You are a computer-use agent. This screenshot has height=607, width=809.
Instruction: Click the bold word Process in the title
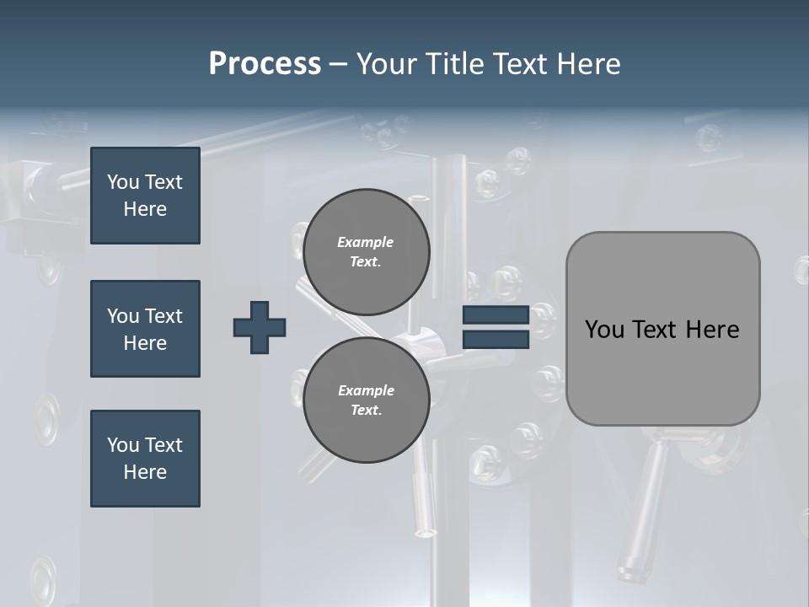pos(265,64)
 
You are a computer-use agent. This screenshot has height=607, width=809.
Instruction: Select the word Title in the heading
pos(458,64)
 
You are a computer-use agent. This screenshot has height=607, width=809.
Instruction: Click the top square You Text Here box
pos(145,196)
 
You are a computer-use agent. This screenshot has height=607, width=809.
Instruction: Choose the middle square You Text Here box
pos(145,329)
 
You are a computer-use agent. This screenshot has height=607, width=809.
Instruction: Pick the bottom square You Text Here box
pos(145,459)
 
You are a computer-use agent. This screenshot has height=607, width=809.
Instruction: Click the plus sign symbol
pos(260,327)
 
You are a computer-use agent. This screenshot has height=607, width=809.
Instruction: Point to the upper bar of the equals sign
pos(496,315)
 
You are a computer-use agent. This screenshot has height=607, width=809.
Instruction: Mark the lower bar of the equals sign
pos(496,340)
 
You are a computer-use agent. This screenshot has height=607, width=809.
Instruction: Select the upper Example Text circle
pos(366,252)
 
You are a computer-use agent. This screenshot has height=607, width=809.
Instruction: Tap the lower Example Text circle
pos(366,400)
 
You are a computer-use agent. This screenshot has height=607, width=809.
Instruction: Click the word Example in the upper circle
pos(365,242)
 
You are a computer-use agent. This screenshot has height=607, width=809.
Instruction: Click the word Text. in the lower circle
pos(366,411)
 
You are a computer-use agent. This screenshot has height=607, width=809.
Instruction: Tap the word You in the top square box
pos(122,182)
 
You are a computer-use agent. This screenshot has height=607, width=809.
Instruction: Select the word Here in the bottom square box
pos(145,472)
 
